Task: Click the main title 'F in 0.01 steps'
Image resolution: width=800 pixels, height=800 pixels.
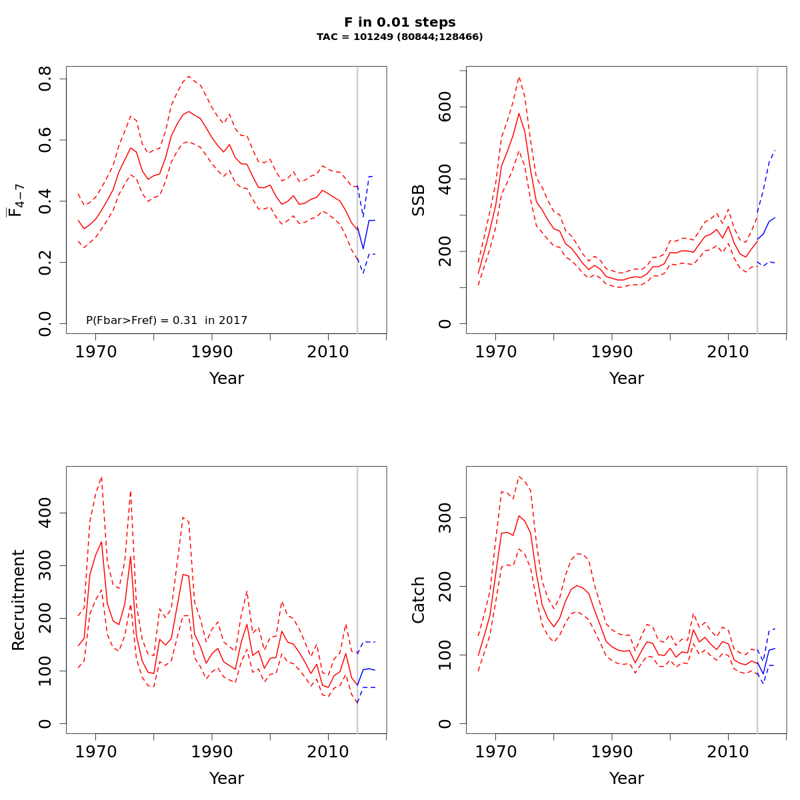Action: pyautogui.click(x=399, y=23)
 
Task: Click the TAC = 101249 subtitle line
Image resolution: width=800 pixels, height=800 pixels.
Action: pyautogui.click(x=399, y=37)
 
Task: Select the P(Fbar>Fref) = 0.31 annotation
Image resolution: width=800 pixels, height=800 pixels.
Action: pyautogui.click(x=167, y=321)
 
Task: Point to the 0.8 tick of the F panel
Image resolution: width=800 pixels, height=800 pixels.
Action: pyautogui.click(x=45, y=79)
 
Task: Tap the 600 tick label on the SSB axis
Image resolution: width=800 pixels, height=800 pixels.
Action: pyautogui.click(x=445, y=107)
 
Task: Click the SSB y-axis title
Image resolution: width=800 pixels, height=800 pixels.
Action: pyautogui.click(x=419, y=200)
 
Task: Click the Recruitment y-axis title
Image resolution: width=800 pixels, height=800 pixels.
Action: pyautogui.click(x=19, y=600)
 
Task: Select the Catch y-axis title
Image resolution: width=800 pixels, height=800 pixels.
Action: pyautogui.click(x=419, y=600)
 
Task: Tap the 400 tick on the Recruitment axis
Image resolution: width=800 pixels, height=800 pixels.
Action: pyautogui.click(x=45, y=513)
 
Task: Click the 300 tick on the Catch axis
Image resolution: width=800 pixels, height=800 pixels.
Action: pyautogui.click(x=445, y=518)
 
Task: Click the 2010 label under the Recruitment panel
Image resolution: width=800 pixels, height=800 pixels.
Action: pyautogui.click(x=327, y=751)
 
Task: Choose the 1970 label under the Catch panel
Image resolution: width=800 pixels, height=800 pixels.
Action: pyautogui.click(x=495, y=751)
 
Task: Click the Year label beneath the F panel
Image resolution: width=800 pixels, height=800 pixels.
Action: pyautogui.click(x=227, y=379)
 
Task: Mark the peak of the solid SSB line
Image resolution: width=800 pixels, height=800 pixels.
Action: pyautogui.click(x=519, y=113)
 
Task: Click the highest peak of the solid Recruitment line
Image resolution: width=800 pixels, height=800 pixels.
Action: pyautogui.click(x=101, y=541)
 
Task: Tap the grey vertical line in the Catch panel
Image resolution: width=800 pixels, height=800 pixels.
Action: pyautogui.click(x=757, y=600)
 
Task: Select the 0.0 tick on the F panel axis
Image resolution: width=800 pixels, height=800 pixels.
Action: pyautogui.click(x=45, y=323)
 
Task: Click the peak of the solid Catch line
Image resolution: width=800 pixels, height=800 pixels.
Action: pyautogui.click(x=519, y=515)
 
